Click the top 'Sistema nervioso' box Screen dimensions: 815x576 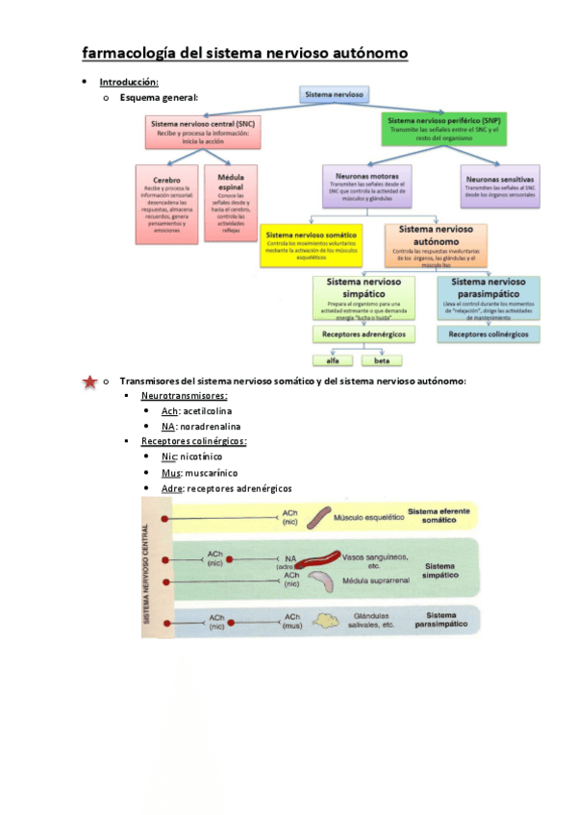tap(333, 95)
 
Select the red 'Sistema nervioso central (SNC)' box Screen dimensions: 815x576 tap(204, 131)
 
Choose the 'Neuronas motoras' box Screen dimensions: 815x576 tap(367, 186)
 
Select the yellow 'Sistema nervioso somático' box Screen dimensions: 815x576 tap(313, 246)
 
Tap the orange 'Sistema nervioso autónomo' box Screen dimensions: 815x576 tap(436, 244)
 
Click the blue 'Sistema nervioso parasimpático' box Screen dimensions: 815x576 tap(488, 297)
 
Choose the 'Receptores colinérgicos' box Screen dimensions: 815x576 tap(488, 334)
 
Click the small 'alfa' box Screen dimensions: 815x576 tap(334, 360)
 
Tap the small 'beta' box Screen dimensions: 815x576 tap(382, 360)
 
